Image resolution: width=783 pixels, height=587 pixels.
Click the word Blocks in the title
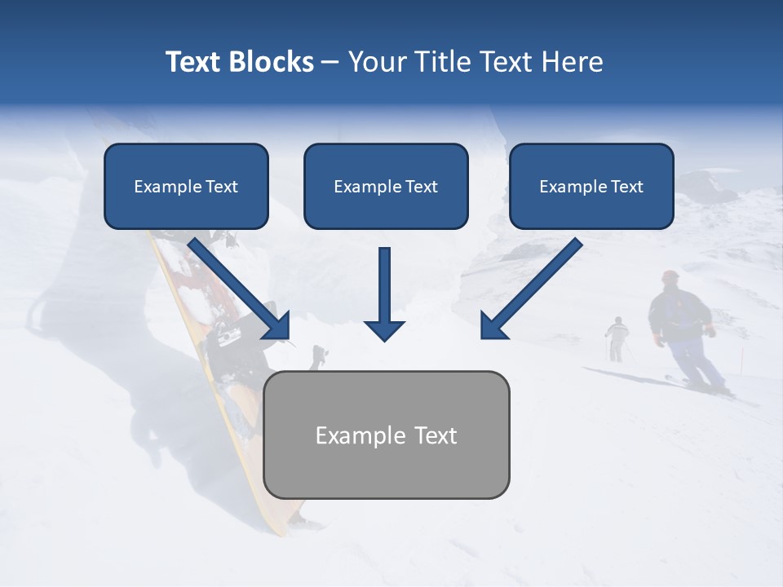point(271,62)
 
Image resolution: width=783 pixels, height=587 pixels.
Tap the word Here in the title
point(571,62)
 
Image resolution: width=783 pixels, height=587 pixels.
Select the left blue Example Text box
point(186,187)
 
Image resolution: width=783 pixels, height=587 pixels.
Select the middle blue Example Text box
point(386,187)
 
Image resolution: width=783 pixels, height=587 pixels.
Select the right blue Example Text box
point(591,187)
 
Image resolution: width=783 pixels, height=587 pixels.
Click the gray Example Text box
point(386,435)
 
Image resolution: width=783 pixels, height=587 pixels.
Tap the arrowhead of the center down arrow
point(384,329)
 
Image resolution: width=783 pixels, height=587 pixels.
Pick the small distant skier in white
point(617,337)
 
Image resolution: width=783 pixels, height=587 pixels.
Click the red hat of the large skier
point(670,276)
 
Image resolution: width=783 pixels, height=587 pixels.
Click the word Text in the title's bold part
point(194,62)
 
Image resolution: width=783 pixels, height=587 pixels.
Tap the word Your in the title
point(376,62)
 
